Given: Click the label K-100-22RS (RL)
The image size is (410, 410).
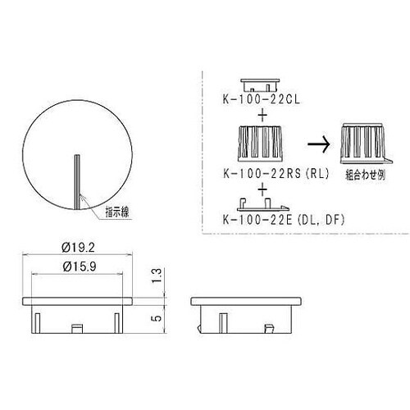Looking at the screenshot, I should click(x=265, y=174).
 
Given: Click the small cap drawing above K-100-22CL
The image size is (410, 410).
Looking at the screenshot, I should click(x=261, y=82).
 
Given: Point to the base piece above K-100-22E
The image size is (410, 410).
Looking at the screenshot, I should click(x=262, y=204).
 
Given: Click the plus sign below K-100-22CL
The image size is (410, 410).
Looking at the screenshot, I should click(x=262, y=114).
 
